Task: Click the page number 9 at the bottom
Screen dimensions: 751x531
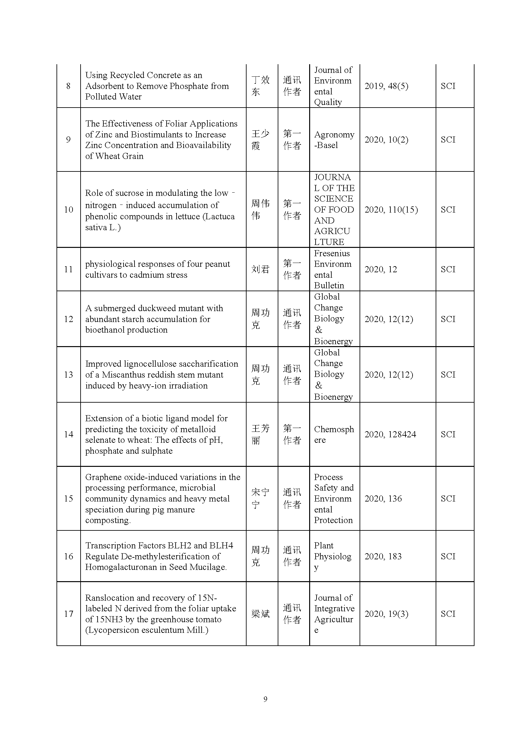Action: click(265, 699)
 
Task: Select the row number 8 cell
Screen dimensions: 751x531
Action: click(68, 86)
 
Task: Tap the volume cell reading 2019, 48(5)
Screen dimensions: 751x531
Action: click(386, 86)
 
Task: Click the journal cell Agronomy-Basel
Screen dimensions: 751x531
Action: click(334, 140)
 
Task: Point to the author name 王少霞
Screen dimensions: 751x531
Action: click(260, 140)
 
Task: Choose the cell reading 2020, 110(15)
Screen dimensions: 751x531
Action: click(391, 210)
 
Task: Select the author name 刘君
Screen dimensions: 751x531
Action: click(260, 269)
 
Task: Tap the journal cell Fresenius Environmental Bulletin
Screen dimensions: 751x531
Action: click(333, 269)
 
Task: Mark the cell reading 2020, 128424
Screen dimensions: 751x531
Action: click(390, 434)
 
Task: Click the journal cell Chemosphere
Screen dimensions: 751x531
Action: click(334, 434)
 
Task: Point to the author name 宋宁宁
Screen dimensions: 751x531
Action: click(260, 499)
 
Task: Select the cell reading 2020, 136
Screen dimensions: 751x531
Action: click(383, 499)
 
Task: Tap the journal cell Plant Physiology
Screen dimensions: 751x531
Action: click(333, 556)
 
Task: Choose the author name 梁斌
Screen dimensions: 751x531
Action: click(260, 614)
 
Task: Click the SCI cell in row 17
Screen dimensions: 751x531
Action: click(448, 614)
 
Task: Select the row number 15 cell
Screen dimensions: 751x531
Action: click(68, 499)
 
